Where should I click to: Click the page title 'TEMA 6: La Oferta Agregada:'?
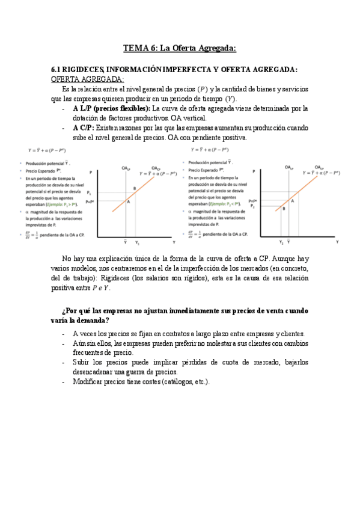tap(180, 48)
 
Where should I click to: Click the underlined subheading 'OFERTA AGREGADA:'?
tap(88, 79)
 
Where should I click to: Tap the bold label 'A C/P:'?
tap(84, 128)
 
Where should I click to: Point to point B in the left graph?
tap(134, 189)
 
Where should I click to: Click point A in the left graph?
tap(128, 202)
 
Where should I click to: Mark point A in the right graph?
tap(292, 200)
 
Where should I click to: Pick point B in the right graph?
tap(284, 209)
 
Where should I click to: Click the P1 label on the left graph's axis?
tap(89, 193)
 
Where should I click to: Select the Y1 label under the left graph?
tap(136, 242)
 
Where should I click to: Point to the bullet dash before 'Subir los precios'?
tap(64, 363)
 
